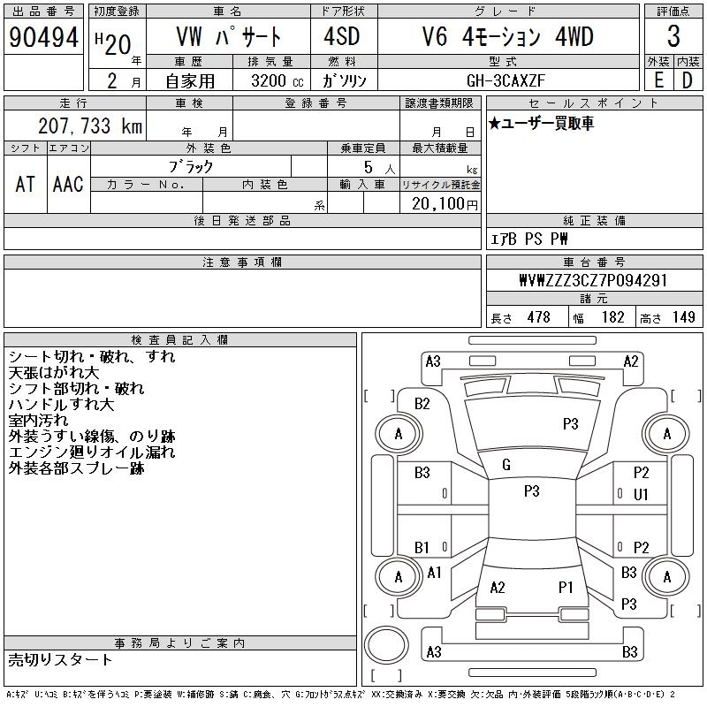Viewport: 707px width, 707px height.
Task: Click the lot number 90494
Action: tap(43, 37)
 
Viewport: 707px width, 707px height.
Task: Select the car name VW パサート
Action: tap(226, 37)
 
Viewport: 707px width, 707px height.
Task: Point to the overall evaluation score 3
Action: tap(673, 37)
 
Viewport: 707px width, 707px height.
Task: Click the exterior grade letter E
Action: tap(658, 80)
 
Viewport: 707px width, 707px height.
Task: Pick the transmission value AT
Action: tap(25, 184)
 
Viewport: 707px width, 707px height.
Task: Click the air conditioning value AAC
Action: tap(68, 184)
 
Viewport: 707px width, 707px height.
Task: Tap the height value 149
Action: tap(683, 317)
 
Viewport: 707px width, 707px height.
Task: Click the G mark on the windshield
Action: tap(506, 465)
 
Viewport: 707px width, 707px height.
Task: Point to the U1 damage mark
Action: tap(641, 495)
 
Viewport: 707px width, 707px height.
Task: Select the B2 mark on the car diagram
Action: tap(422, 404)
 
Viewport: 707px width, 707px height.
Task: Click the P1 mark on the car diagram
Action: tap(566, 587)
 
